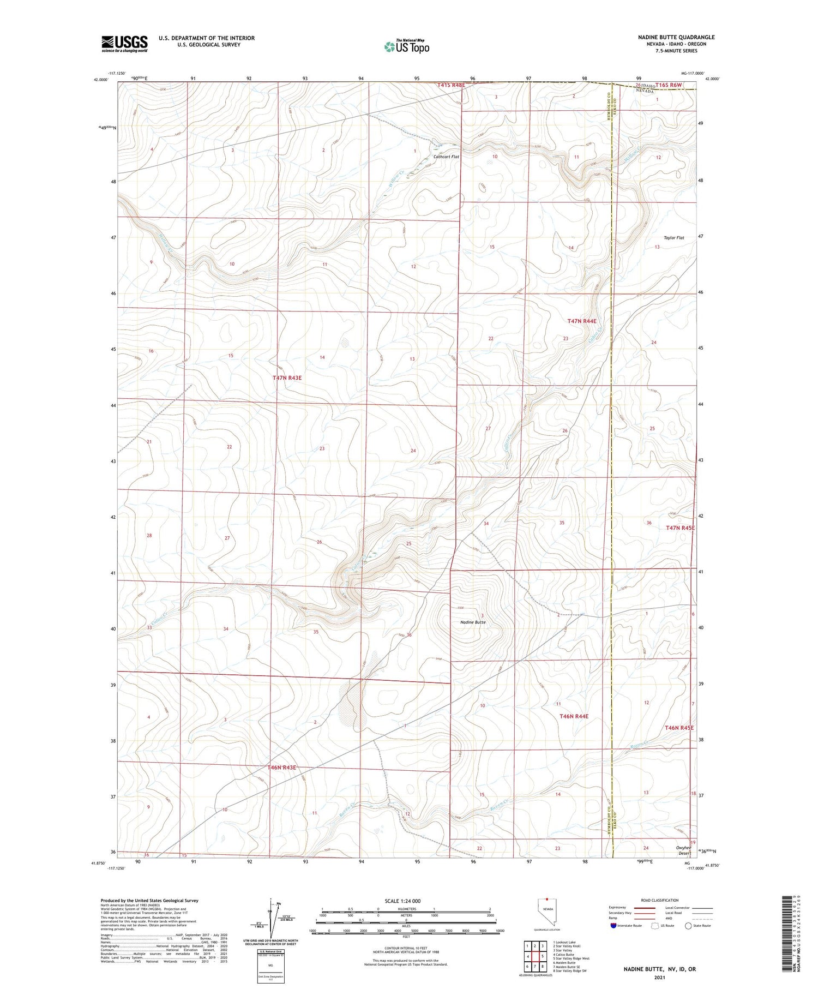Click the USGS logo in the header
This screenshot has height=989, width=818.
pos(124,44)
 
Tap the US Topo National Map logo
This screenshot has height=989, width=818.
pos(406,47)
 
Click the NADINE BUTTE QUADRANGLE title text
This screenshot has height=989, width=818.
pos(676,37)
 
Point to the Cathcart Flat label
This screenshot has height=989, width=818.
pos(446,157)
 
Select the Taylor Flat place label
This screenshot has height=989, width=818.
pos(673,238)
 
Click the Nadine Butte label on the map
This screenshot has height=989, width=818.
pos(473,622)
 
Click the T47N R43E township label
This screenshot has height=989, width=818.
pos(287,377)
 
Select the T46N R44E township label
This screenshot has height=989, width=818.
pos(574,716)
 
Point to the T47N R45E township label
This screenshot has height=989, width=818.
pos(680,528)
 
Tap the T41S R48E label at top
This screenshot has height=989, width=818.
pos(451,85)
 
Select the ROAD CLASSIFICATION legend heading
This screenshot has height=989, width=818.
pos(660,901)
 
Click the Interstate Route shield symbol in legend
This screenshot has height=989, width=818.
pos(613,926)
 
